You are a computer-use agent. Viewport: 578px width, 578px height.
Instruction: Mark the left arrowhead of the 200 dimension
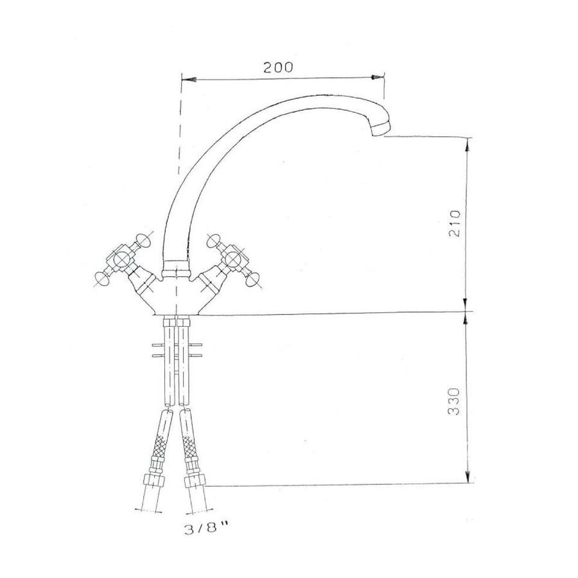pyautogui.click(x=186, y=78)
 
